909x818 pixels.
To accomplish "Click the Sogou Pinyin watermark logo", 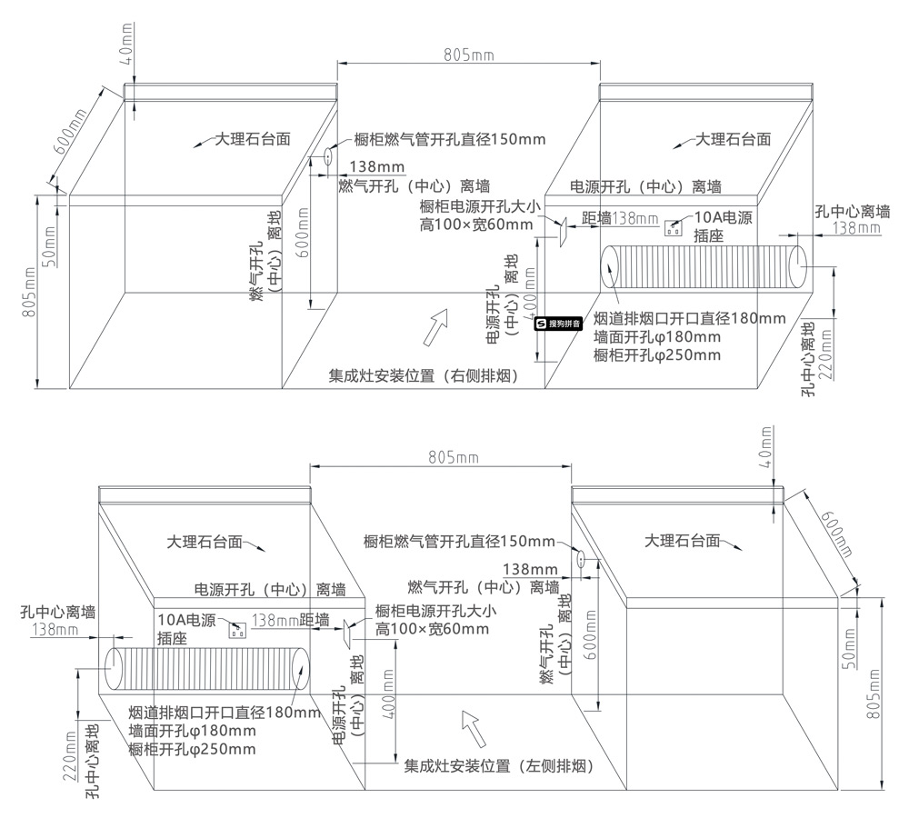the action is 558,324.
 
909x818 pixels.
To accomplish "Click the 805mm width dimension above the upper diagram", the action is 469,55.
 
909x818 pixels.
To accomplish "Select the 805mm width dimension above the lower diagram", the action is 454,457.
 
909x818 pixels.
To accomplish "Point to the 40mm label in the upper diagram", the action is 127,44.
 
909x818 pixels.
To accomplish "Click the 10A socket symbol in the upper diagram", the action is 673,228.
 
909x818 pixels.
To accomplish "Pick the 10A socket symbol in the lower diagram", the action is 237,630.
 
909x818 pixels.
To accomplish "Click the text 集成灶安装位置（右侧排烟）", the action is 424,376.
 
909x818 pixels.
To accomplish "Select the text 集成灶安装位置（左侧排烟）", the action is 499,766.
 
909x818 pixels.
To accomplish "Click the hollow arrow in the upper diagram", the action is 436,327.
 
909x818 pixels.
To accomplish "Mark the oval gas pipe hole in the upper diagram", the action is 327,156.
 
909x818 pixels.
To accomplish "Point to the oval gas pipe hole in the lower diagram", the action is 580,558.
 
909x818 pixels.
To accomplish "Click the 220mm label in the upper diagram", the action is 826,354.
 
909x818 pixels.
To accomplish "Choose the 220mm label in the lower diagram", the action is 70,756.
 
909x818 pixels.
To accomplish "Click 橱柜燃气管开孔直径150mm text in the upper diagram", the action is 450,139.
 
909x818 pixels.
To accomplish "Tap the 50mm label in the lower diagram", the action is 849,649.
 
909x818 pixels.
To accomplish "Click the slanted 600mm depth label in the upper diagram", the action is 70,131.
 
